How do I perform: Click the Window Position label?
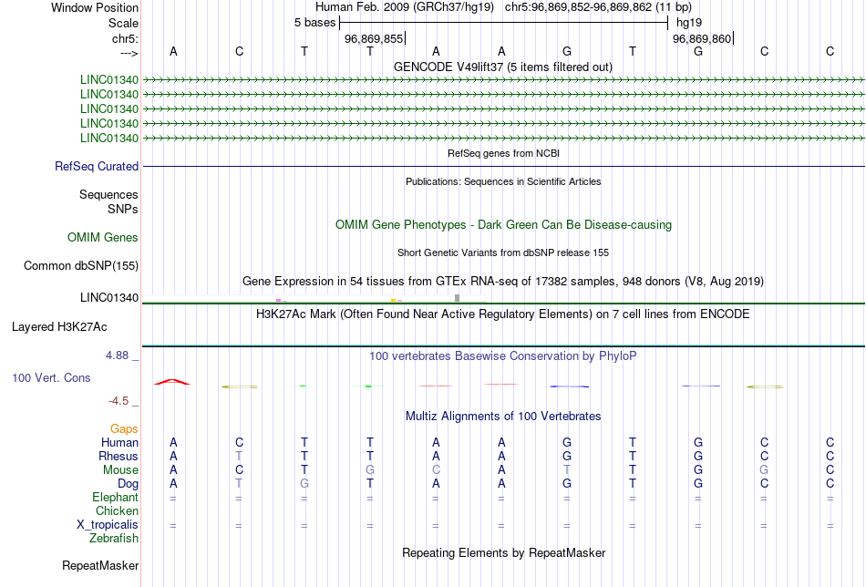[x=95, y=7]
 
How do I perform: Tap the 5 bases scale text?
[x=314, y=23]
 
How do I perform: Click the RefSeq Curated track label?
[x=97, y=166]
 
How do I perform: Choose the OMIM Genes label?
[x=103, y=238]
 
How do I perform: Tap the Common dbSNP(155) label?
[x=81, y=265]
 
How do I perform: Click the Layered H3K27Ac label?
[x=59, y=327]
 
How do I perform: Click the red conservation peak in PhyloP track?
[x=172, y=382]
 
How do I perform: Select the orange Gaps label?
[x=124, y=429]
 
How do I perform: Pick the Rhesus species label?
[x=119, y=456]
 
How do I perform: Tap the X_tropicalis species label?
[x=108, y=525]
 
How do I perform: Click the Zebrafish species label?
[x=114, y=539]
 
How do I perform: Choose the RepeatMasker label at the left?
[x=100, y=565]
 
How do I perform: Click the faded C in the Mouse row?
[x=436, y=470]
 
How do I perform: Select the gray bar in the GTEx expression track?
[x=457, y=298]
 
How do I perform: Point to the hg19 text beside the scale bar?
[x=689, y=23]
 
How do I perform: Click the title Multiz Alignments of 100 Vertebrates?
[x=503, y=417]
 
